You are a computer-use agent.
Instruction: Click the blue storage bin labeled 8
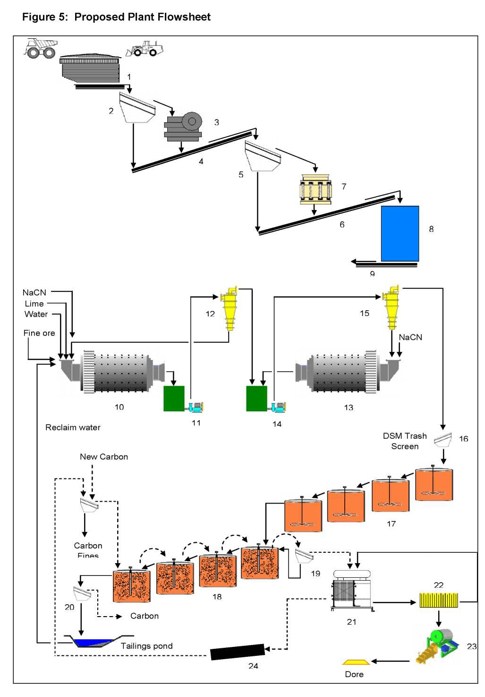(400, 233)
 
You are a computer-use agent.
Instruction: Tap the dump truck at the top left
(41, 48)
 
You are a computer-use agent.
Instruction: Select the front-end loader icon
(145, 49)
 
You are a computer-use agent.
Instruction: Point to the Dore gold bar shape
(356, 662)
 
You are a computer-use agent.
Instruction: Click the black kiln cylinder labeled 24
(237, 652)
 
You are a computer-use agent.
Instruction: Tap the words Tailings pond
(146, 646)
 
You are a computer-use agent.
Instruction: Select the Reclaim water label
(73, 427)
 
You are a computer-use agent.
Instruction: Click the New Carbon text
(104, 457)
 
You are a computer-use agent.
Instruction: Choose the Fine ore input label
(39, 333)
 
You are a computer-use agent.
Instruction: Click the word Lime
(34, 304)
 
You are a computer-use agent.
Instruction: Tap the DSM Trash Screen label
(405, 441)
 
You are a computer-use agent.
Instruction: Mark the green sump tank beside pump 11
(174, 399)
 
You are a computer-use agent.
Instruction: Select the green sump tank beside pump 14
(256, 399)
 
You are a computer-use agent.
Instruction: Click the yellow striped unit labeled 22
(439, 600)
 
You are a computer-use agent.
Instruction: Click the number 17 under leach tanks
(391, 524)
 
